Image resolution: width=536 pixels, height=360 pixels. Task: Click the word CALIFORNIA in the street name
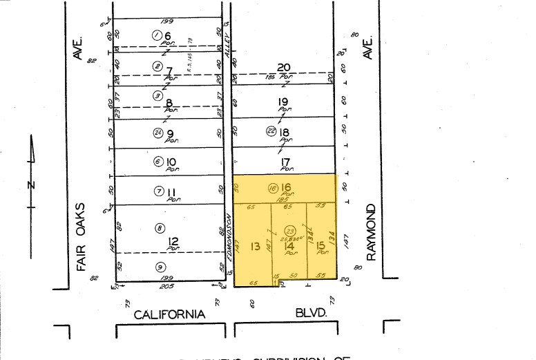point(169,314)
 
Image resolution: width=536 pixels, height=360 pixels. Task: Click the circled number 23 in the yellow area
point(290,231)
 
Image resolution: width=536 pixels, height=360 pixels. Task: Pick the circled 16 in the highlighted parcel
point(272,187)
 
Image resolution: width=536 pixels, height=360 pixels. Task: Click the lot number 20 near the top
point(283,67)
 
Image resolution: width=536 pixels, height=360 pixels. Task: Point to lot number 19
point(283,102)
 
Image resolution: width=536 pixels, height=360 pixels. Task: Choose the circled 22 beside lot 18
point(271,132)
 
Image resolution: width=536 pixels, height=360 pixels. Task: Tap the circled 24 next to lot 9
point(158,133)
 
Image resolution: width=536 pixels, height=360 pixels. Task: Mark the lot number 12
point(173,241)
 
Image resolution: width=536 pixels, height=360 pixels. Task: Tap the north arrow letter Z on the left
point(30,184)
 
